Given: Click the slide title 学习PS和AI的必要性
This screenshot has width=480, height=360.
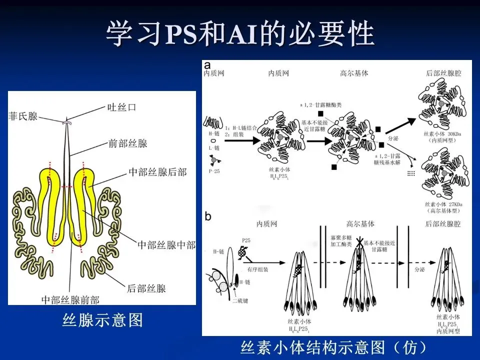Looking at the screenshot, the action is coord(240,33).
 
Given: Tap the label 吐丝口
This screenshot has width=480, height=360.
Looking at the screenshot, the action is coord(122,107).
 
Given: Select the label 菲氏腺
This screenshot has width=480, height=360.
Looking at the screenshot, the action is coord(23,116).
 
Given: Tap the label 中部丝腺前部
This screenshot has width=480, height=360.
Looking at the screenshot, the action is coord(70,299).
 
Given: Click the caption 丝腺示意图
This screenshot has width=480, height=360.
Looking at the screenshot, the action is coord(102,320).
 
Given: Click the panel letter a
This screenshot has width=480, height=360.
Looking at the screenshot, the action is coord(206,65).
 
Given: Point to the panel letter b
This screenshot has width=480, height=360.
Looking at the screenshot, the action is coord(208,216).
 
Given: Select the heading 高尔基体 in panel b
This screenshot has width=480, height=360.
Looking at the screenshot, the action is coord(360,224).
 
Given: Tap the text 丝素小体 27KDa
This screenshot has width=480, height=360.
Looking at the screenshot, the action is coord(440,204).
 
